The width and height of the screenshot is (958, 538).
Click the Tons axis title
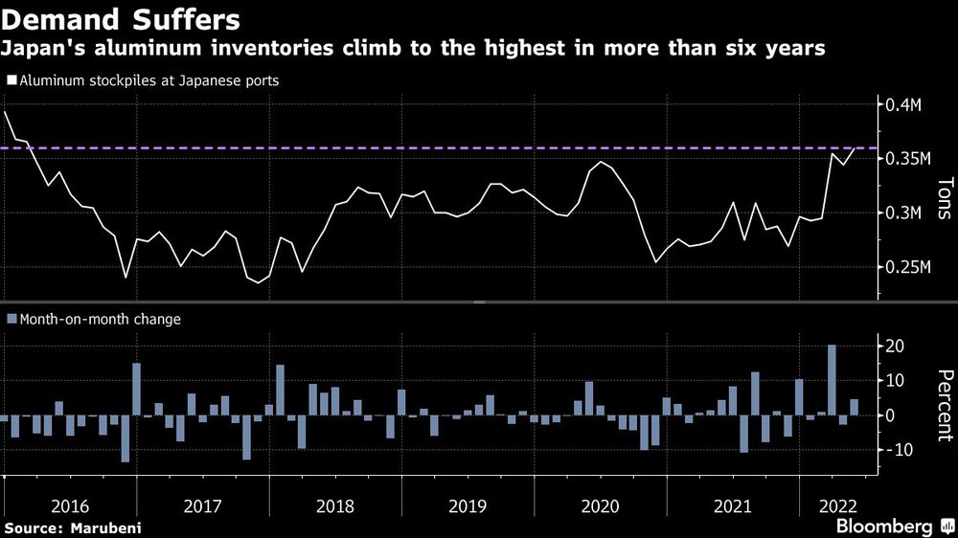tap(945, 199)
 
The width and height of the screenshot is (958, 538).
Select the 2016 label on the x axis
tap(70, 504)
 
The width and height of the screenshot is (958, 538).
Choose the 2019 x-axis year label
tap(468, 504)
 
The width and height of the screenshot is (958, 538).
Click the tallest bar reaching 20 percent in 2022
tap(832, 380)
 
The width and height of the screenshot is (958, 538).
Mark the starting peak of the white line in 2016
tap(5, 113)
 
